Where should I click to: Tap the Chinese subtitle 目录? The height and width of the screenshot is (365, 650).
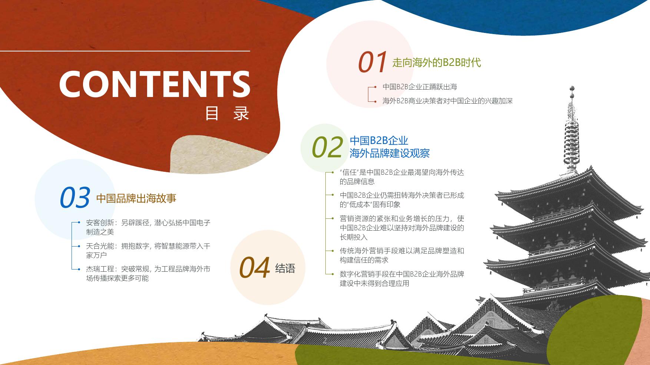pos(227,113)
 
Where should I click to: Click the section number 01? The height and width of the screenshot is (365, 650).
pos(372,62)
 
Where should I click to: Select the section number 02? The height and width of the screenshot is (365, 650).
pos(327,147)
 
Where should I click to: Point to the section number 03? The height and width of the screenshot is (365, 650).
pos(75,197)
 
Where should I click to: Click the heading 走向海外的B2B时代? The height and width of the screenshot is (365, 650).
pos(437,63)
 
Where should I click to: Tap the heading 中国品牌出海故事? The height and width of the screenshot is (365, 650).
pos(136,198)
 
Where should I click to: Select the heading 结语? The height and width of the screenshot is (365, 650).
pos(285,268)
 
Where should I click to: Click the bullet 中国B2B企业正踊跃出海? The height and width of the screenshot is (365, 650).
pos(419,87)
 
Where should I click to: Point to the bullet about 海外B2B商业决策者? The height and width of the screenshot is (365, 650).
pos(447,101)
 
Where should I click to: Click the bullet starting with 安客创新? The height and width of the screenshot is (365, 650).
pos(148,227)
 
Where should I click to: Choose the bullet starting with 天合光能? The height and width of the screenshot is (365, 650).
pos(148,251)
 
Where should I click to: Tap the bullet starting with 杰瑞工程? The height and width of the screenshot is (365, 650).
pos(148,274)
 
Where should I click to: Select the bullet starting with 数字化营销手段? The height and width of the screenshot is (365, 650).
pos(402,279)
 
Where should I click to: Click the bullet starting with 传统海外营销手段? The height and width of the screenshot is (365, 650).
pos(402,255)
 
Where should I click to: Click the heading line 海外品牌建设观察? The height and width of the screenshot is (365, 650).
pos(389,153)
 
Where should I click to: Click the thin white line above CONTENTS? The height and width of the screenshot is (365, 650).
pos(125,51)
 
